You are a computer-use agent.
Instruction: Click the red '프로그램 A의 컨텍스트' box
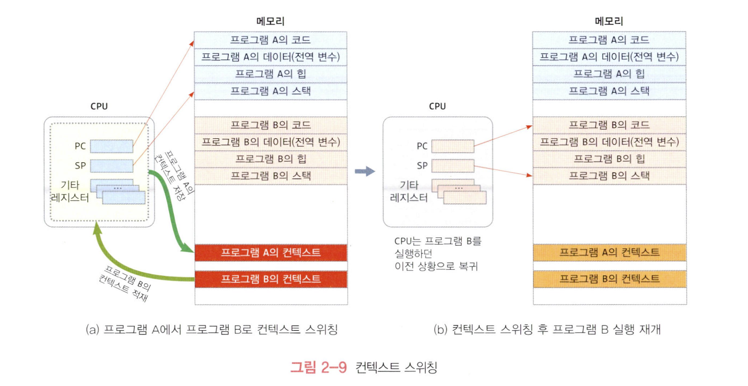click(x=271, y=253)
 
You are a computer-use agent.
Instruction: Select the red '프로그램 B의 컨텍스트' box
click(x=271, y=279)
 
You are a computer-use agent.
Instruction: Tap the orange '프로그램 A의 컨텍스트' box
click(x=610, y=252)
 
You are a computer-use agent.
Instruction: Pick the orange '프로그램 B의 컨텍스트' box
click(x=610, y=279)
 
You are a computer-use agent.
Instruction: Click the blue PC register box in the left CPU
click(x=111, y=146)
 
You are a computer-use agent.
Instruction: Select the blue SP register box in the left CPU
click(x=111, y=166)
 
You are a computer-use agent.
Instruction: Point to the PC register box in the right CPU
click(x=453, y=146)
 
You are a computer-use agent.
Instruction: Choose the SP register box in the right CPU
click(x=453, y=166)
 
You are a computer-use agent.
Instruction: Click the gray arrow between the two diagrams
click(x=365, y=172)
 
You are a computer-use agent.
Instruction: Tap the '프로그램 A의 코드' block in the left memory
click(x=271, y=40)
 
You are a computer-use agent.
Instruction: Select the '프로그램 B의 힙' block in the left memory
click(x=271, y=159)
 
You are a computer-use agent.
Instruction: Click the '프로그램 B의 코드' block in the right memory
click(x=610, y=125)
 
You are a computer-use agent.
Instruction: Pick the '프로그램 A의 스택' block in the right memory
click(x=610, y=91)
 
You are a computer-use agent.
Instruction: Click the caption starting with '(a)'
click(x=211, y=330)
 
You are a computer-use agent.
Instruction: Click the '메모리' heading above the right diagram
click(x=609, y=21)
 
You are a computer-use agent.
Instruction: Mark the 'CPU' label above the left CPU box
click(x=99, y=106)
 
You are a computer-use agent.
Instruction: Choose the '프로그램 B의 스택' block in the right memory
click(x=610, y=176)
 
